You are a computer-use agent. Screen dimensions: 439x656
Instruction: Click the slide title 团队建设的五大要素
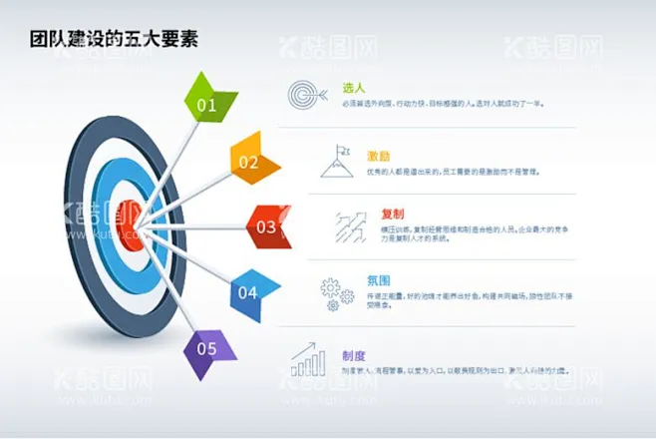[113, 40]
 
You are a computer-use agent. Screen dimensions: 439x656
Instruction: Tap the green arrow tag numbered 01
[210, 103]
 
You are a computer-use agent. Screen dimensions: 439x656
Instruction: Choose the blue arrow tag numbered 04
[252, 292]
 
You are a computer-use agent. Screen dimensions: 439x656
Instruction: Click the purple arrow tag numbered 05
[210, 348]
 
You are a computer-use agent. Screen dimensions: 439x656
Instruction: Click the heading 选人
[353, 88]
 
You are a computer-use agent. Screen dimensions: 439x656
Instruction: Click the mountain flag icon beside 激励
[337, 162]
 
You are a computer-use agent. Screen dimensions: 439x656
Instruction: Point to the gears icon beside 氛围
[337, 291]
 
